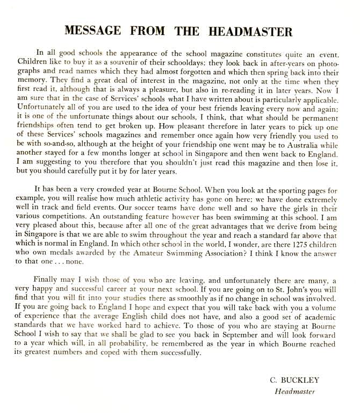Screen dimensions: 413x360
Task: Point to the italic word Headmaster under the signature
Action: click(x=294, y=391)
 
